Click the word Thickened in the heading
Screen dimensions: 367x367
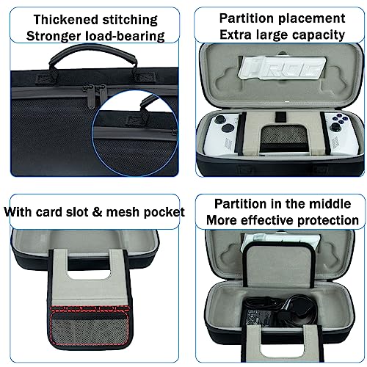pos(66,20)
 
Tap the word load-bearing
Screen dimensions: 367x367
pos(125,36)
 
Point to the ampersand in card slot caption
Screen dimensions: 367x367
pos(97,212)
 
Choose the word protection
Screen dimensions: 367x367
pos(328,220)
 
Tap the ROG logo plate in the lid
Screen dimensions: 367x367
pos(282,66)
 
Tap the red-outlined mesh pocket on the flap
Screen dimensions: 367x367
pos(90,327)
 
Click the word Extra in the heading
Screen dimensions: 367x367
pos(236,34)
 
